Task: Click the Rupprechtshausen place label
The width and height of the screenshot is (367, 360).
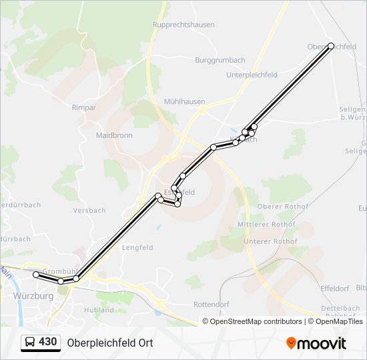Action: point(183,25)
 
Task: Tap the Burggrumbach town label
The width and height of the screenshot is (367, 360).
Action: point(220,59)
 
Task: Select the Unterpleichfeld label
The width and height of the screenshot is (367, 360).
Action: point(252,75)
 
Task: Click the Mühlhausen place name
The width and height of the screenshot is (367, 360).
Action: point(184,102)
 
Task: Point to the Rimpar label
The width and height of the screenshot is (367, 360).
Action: point(84,107)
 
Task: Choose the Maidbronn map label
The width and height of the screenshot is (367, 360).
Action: point(114,135)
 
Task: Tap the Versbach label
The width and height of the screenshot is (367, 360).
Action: point(89,211)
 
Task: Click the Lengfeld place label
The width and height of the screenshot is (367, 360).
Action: point(137,247)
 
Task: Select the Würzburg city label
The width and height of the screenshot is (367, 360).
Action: point(33,295)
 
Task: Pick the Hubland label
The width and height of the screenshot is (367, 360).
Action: point(99,310)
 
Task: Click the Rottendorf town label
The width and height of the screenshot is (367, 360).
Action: point(212,304)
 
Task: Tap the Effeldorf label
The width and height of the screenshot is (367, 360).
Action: point(335,288)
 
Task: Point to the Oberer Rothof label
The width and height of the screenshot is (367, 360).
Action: point(283,207)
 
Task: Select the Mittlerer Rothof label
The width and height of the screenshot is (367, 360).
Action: point(266,225)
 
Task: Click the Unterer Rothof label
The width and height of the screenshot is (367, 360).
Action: point(270,241)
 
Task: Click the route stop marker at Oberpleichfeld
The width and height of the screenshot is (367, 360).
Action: point(331,46)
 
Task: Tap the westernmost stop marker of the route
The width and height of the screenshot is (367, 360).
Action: point(36,275)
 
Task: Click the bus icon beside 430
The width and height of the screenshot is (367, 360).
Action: point(30,343)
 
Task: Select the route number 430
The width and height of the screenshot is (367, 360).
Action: point(48,342)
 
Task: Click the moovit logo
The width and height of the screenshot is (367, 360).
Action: point(316,343)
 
